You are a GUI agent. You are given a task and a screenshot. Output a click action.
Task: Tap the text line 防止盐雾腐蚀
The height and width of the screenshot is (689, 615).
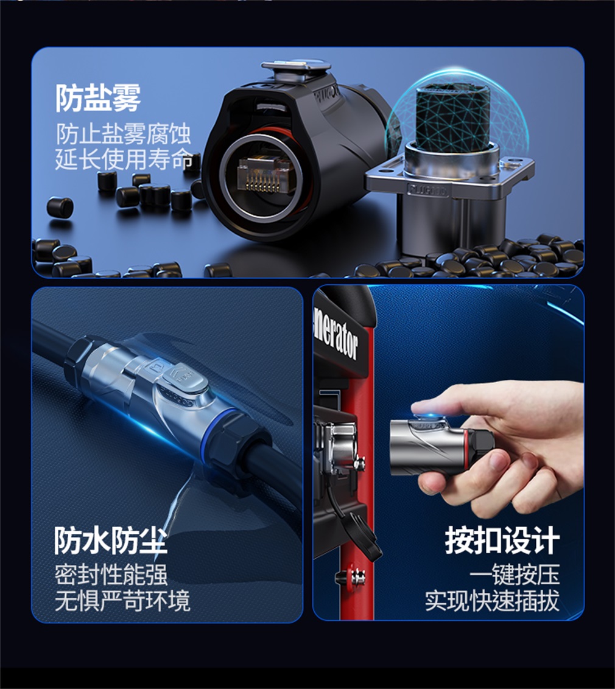coord(124,133)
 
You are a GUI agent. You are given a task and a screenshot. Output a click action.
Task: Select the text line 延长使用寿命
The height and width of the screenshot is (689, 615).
coord(124,159)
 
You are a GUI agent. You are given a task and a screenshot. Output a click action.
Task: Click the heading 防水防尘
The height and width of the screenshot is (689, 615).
coord(110,540)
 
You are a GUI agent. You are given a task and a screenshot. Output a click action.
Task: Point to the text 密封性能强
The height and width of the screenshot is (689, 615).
coord(111,575)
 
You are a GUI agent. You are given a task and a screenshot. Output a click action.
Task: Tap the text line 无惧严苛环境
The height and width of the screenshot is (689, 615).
coord(122,601)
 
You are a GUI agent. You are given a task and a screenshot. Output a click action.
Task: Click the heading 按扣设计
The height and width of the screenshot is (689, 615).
coord(502,540)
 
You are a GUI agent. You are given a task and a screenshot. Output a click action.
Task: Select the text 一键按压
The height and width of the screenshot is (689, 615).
coord(515,575)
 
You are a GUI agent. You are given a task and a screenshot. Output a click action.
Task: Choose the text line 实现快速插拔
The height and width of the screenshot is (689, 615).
coord(492,601)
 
